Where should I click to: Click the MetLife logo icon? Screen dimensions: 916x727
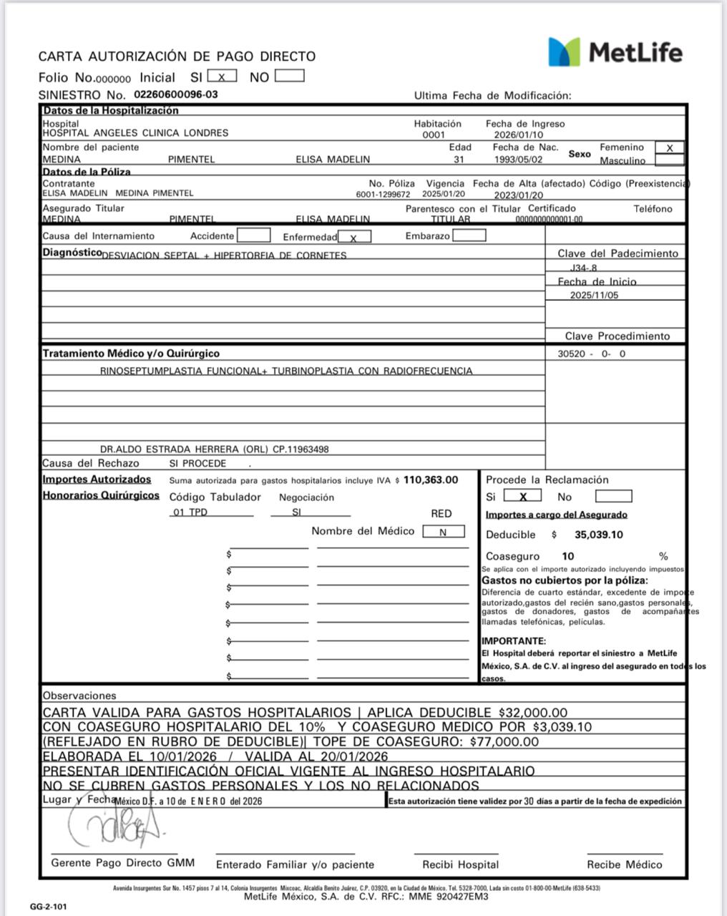pyautogui.click(x=564, y=52)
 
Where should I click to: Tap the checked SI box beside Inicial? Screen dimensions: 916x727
pyautogui.click(x=222, y=77)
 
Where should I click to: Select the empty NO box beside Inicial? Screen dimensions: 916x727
pyautogui.click(x=289, y=76)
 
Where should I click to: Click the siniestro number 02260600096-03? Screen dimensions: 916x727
pyautogui.click(x=176, y=94)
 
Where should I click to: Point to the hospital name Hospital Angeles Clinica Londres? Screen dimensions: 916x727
pyautogui.click(x=136, y=133)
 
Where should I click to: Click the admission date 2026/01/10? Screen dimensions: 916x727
pyautogui.click(x=518, y=135)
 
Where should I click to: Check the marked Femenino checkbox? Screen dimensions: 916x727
pyautogui.click(x=669, y=148)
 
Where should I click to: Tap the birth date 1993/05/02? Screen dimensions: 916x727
pyautogui.click(x=518, y=160)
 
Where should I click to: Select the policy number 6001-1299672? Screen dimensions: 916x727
pyautogui.click(x=383, y=194)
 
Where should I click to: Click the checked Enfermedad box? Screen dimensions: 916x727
pyautogui.click(x=354, y=237)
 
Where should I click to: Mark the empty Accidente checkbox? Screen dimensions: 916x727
pyautogui.click(x=253, y=235)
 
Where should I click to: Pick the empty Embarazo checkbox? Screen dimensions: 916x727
pyautogui.click(x=469, y=235)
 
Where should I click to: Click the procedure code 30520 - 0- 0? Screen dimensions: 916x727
pyautogui.click(x=591, y=354)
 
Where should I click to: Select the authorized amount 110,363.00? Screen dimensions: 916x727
pyautogui.click(x=431, y=480)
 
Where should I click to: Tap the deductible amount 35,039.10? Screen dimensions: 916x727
pyautogui.click(x=598, y=535)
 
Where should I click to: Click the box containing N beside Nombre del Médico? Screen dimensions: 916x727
pyautogui.click(x=443, y=532)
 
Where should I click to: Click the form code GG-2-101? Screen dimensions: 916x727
pyautogui.click(x=49, y=907)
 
